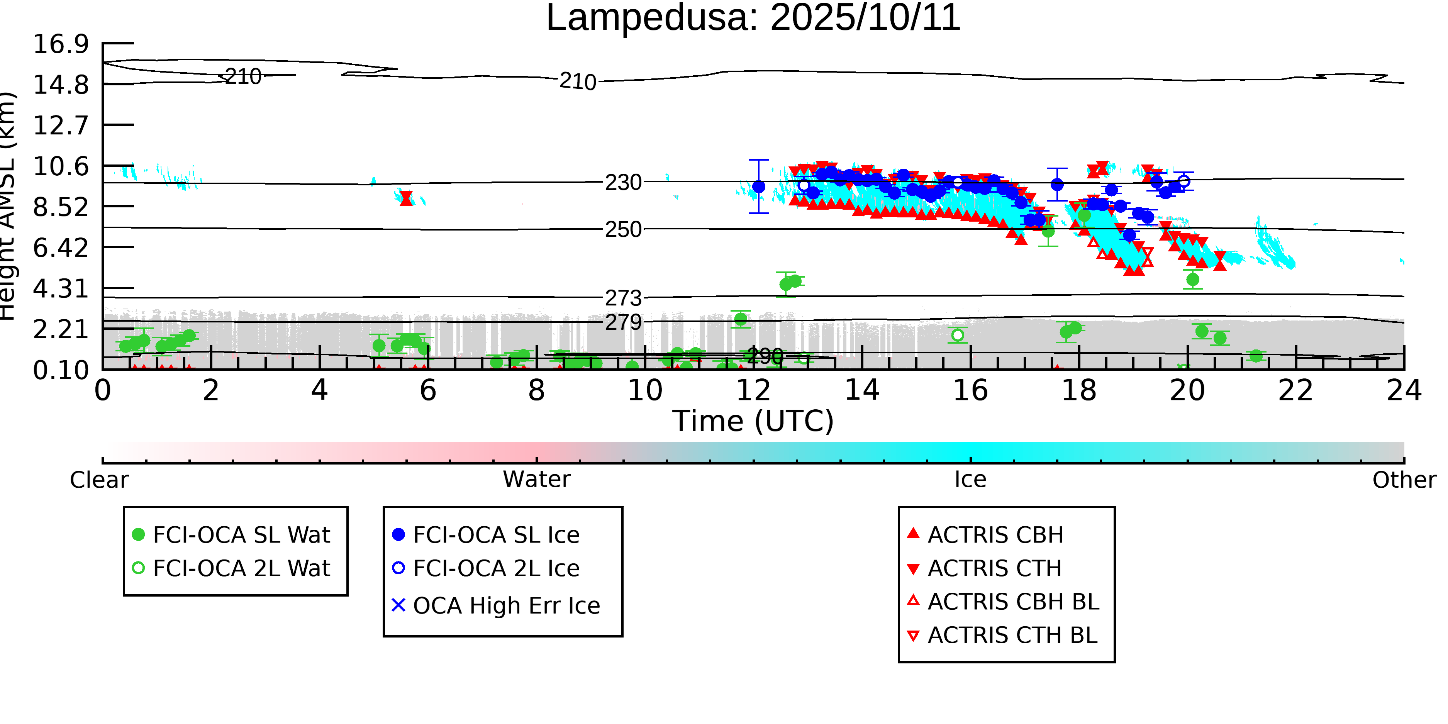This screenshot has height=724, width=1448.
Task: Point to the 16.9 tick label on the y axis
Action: [x=61, y=44]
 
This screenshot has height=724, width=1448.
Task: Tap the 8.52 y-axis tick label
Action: [x=61, y=207]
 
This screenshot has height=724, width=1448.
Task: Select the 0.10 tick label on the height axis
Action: [x=61, y=370]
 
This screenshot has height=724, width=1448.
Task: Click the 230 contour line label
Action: [x=623, y=183]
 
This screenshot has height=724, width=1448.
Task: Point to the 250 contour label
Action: [x=623, y=230]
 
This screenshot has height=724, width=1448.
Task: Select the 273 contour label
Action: [x=623, y=298]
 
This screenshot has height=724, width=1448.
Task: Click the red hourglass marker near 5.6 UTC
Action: [x=406, y=198]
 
